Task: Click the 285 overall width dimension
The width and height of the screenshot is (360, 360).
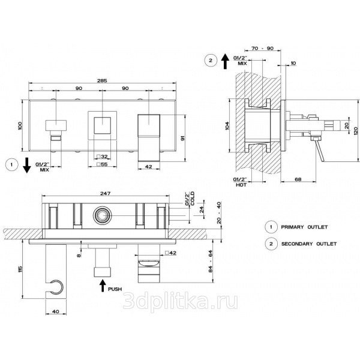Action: [102, 80]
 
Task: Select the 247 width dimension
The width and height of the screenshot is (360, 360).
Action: [106, 193]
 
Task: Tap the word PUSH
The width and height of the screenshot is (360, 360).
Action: [115, 289]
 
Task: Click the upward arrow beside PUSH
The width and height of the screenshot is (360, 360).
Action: [103, 285]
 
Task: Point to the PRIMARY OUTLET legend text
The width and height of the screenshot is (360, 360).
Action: [304, 227]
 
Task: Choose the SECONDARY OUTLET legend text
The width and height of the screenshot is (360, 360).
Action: [309, 244]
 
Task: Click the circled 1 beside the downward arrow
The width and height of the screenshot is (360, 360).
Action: [11, 164]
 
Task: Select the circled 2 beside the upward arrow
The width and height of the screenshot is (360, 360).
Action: [211, 61]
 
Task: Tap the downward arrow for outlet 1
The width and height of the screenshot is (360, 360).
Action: [27, 165]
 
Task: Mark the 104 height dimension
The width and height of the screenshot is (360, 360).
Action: [227, 125]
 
